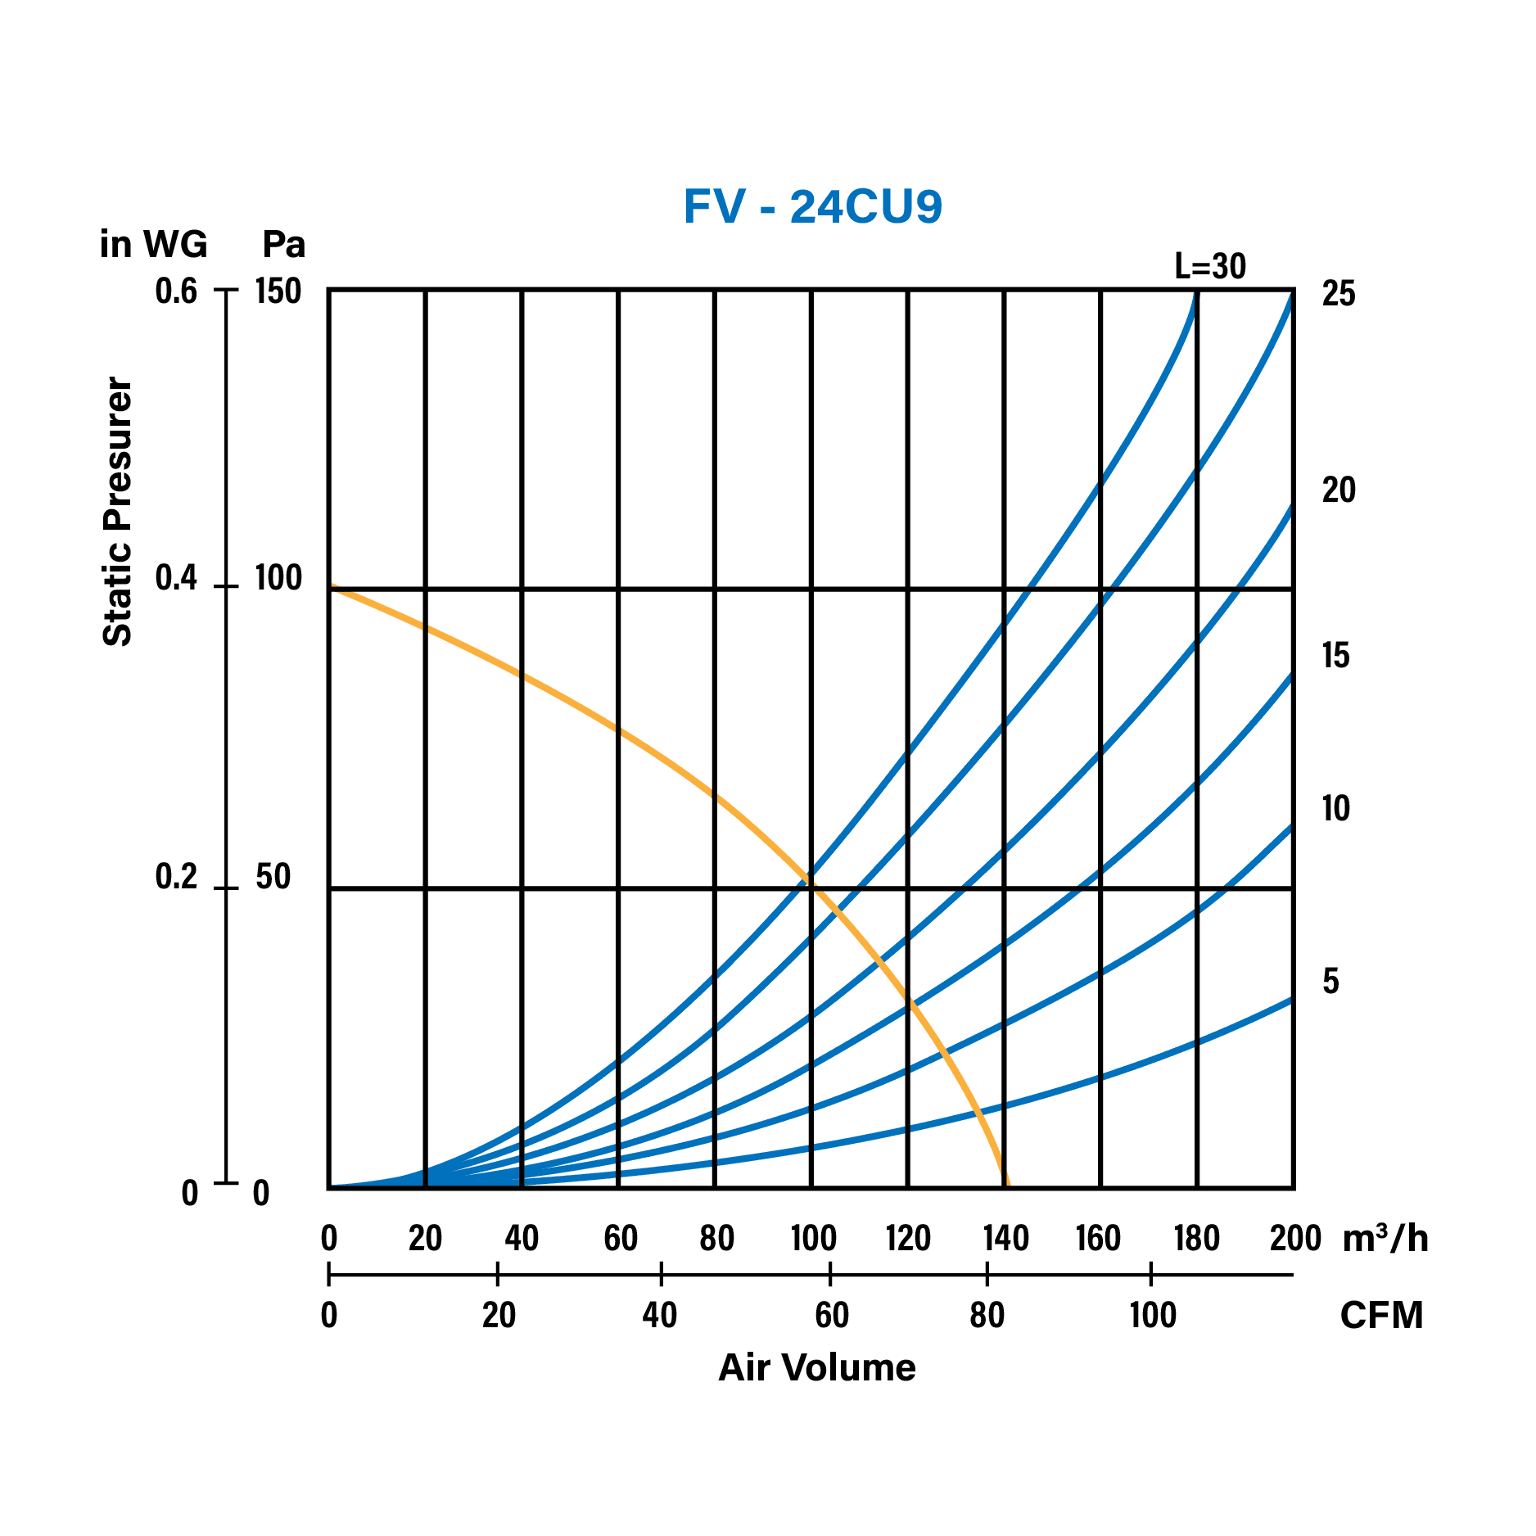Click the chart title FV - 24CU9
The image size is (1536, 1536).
[812, 206]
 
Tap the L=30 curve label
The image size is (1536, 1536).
[1210, 266]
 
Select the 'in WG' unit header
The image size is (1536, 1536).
[153, 244]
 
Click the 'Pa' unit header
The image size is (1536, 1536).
[283, 244]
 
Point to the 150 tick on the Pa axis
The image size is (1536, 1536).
[278, 291]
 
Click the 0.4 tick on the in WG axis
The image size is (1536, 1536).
[176, 579]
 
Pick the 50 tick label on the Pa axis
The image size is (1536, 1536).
[273, 877]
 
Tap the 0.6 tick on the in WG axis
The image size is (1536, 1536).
[176, 291]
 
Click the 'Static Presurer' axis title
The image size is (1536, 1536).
[117, 512]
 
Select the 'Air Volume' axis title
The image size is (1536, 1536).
[816, 1367]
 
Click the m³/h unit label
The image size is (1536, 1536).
[1385, 1239]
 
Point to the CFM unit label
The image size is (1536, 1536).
[1381, 1316]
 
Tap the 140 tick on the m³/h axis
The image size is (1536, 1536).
[1005, 1239]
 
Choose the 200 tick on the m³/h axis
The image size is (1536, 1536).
[1295, 1239]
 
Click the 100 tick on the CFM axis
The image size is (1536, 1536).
[1152, 1316]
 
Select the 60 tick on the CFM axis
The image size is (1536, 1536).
[831, 1316]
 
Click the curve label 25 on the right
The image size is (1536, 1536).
[1339, 294]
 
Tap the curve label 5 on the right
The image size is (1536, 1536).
[1330, 981]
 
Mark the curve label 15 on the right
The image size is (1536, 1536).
[1336, 656]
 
